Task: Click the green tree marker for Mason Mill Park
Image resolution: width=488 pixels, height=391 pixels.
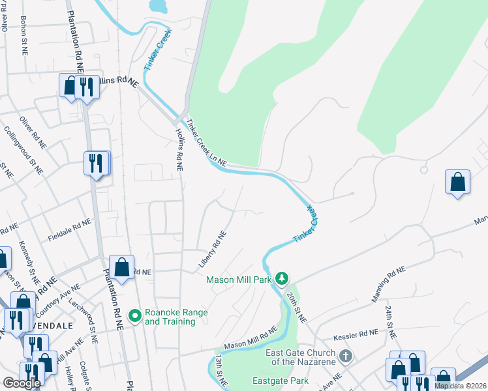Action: [281, 279]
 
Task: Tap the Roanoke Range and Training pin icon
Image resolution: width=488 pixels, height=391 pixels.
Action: [135, 317]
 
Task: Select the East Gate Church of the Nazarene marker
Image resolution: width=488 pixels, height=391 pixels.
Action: [346, 356]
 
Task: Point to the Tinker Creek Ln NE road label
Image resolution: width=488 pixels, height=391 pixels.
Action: [206, 141]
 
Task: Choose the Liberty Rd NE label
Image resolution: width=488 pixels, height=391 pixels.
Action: [213, 251]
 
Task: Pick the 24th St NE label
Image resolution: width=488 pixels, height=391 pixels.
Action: [389, 321]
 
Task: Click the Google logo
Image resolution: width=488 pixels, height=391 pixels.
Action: [22, 383]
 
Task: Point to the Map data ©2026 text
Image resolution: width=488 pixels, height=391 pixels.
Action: [461, 386]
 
